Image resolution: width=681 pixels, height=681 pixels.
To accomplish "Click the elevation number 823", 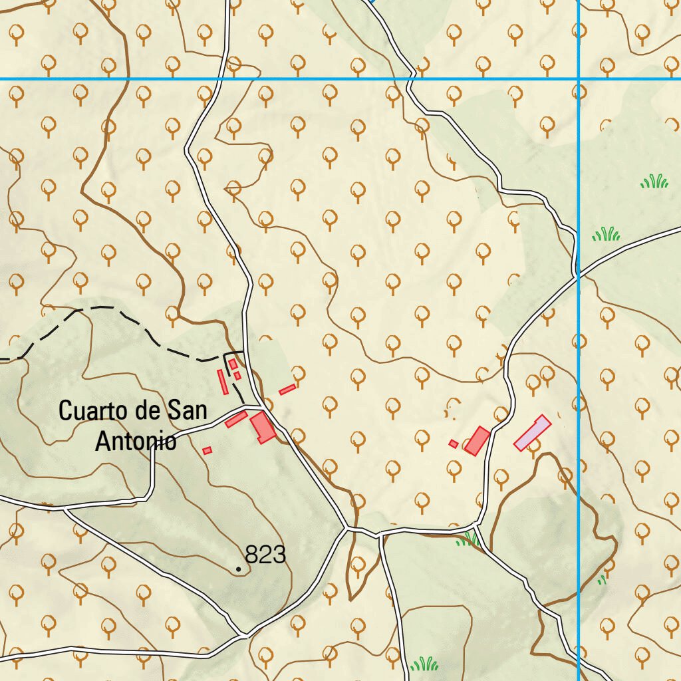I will tap(265, 555).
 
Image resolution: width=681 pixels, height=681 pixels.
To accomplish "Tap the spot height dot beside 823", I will tap(239, 569).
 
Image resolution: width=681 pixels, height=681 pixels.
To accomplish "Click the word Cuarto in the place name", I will tap(92, 411).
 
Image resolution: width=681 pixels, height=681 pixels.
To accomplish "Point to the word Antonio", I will tap(136, 441).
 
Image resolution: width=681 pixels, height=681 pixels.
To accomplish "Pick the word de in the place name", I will tap(146, 411).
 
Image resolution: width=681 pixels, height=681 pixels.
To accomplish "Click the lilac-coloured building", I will tap(532, 433).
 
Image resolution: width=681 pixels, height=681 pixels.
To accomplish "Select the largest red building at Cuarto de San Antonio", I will tap(263, 427).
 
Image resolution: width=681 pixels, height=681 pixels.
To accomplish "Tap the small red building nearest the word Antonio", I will tap(207, 451).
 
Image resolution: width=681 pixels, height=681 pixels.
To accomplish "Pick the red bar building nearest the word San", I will tap(236, 419).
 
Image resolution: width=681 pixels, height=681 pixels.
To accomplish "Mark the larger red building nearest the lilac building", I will tap(477, 441).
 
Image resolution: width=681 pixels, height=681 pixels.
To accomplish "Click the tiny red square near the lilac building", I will tap(454, 444).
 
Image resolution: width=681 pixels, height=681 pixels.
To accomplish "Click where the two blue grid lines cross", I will tap(579, 79).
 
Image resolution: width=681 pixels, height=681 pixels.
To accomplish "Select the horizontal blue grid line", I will tap(299, 79).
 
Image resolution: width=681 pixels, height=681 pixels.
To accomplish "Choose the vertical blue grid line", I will tap(579, 399).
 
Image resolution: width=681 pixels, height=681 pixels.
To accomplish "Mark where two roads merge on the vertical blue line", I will tap(578, 273).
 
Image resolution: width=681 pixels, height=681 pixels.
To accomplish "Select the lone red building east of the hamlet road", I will tap(287, 389).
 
